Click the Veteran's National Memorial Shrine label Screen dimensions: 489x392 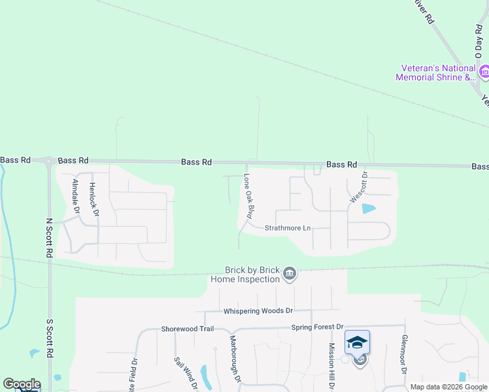[436, 73]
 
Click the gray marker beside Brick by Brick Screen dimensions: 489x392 [290, 275]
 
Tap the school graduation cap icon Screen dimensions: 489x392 [358, 342]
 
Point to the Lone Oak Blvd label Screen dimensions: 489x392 [248, 195]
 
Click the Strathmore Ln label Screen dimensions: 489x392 [288, 228]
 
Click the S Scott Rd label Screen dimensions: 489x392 [49, 338]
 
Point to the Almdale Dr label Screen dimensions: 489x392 [76, 197]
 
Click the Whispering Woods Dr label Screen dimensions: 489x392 [258, 311]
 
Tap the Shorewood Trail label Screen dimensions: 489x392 [188, 329]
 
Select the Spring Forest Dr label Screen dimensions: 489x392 [318, 327]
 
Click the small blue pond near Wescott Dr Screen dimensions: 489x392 [369, 209]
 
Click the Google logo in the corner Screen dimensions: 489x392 [22, 384]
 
